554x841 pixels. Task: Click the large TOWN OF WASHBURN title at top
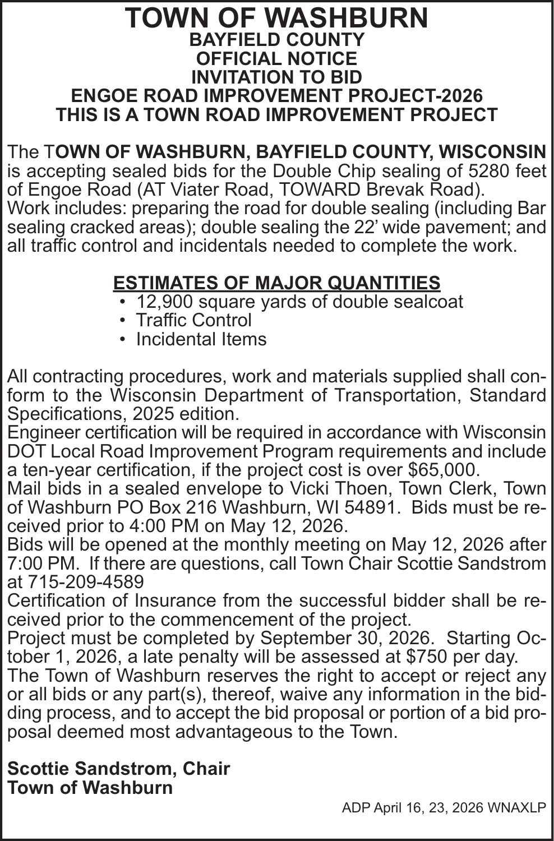click(276, 18)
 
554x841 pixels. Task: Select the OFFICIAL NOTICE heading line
click(276, 58)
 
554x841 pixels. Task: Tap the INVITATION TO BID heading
click(276, 77)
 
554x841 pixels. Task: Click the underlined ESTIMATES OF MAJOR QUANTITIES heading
click(276, 283)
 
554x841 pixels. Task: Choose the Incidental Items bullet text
click(201, 339)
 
